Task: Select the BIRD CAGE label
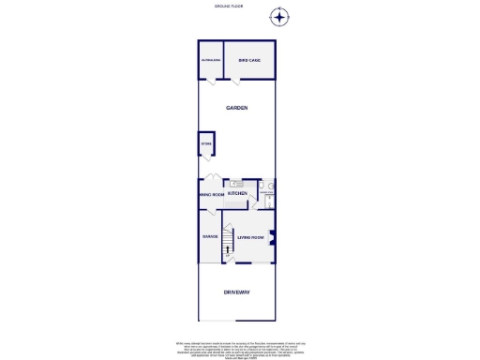click(248, 61)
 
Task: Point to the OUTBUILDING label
click(210, 61)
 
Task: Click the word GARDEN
click(236, 109)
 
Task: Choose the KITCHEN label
click(237, 194)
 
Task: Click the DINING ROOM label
click(210, 195)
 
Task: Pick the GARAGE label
click(210, 235)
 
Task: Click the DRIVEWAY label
click(236, 292)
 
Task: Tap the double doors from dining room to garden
click(214, 179)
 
